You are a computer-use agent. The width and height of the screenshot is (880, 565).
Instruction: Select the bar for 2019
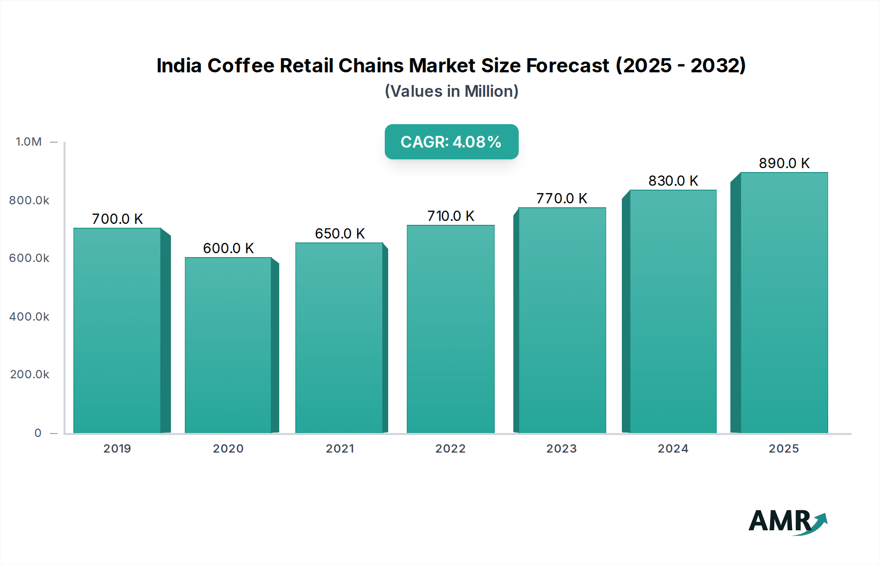[x=117, y=330]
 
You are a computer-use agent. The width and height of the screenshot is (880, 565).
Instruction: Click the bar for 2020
[x=228, y=345]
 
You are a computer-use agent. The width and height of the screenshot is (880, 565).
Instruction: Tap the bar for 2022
[x=450, y=329]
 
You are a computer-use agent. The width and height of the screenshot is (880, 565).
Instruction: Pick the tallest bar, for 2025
[x=784, y=303]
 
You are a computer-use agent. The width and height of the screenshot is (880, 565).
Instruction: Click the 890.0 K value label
[x=784, y=163]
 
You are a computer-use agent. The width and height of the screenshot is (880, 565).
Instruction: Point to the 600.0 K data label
[x=228, y=248]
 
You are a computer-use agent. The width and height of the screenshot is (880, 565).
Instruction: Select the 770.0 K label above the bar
[x=561, y=198]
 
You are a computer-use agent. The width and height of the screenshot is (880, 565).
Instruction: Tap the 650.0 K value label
[x=340, y=234]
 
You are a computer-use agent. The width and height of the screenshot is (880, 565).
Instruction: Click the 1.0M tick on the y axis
[x=29, y=142]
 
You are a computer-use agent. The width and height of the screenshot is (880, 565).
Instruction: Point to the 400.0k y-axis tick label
[x=29, y=317]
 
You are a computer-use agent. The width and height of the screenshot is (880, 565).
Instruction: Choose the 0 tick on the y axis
[x=38, y=433]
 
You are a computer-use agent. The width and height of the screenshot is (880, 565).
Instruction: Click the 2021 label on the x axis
[x=340, y=449]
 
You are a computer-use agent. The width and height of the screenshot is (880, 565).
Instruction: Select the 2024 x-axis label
[x=673, y=449]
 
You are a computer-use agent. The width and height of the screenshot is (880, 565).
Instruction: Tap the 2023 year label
[x=561, y=449]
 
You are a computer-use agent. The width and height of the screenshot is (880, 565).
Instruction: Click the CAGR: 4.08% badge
[x=451, y=142]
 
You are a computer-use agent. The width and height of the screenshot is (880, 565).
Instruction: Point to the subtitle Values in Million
[x=451, y=91]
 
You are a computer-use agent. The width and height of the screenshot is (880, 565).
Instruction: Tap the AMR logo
[x=787, y=521]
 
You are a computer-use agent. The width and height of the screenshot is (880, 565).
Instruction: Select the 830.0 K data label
[x=673, y=181]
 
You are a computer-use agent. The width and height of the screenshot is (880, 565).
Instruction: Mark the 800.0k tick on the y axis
[x=29, y=200]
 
